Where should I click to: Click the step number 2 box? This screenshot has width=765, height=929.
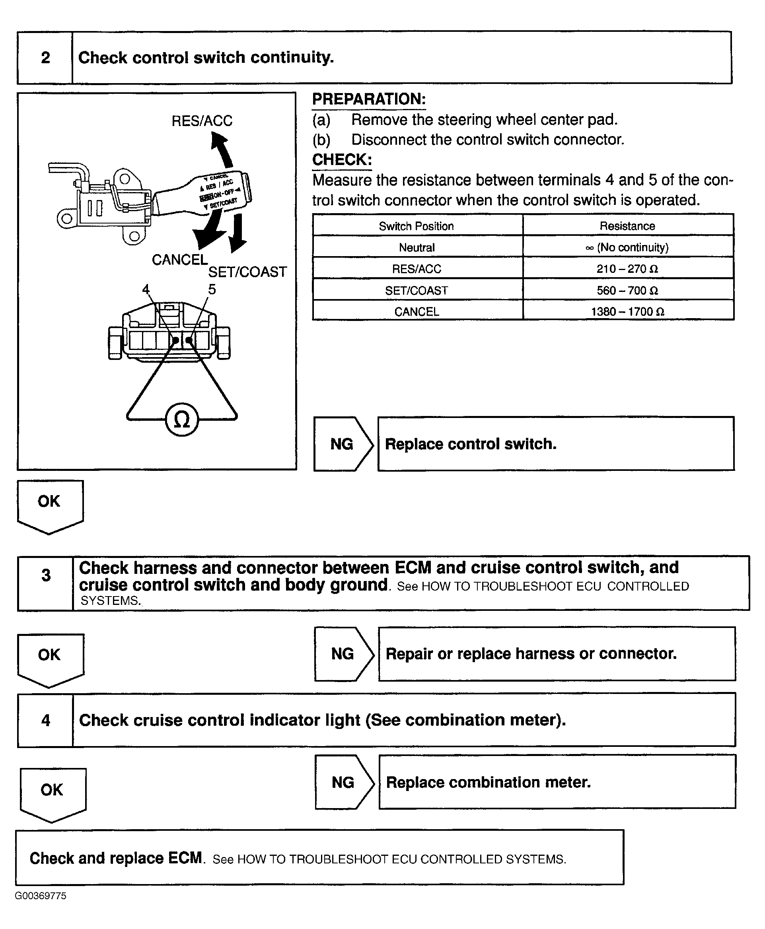coord(45,58)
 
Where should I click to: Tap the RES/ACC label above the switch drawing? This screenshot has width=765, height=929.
coord(202,120)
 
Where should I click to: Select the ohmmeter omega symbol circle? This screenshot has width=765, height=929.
coord(181,420)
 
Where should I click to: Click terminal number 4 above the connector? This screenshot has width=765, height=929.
coord(146,290)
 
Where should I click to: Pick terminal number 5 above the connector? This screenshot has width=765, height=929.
coord(212,290)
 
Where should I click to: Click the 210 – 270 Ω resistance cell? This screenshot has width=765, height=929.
coord(627,269)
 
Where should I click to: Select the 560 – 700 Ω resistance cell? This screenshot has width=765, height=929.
coord(627,290)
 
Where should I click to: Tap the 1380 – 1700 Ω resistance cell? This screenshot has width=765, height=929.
coord(627,311)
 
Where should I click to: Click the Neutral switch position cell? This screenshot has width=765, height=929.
coord(417,247)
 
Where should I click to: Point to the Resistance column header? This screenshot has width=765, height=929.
coord(627,226)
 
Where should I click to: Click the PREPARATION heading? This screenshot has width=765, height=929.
coord(369,99)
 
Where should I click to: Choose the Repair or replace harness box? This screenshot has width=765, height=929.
coord(557,654)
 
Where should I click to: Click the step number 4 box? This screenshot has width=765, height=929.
coord(45,720)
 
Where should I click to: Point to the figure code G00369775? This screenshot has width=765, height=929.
coord(41,896)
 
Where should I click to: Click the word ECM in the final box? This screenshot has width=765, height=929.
coord(185,858)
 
